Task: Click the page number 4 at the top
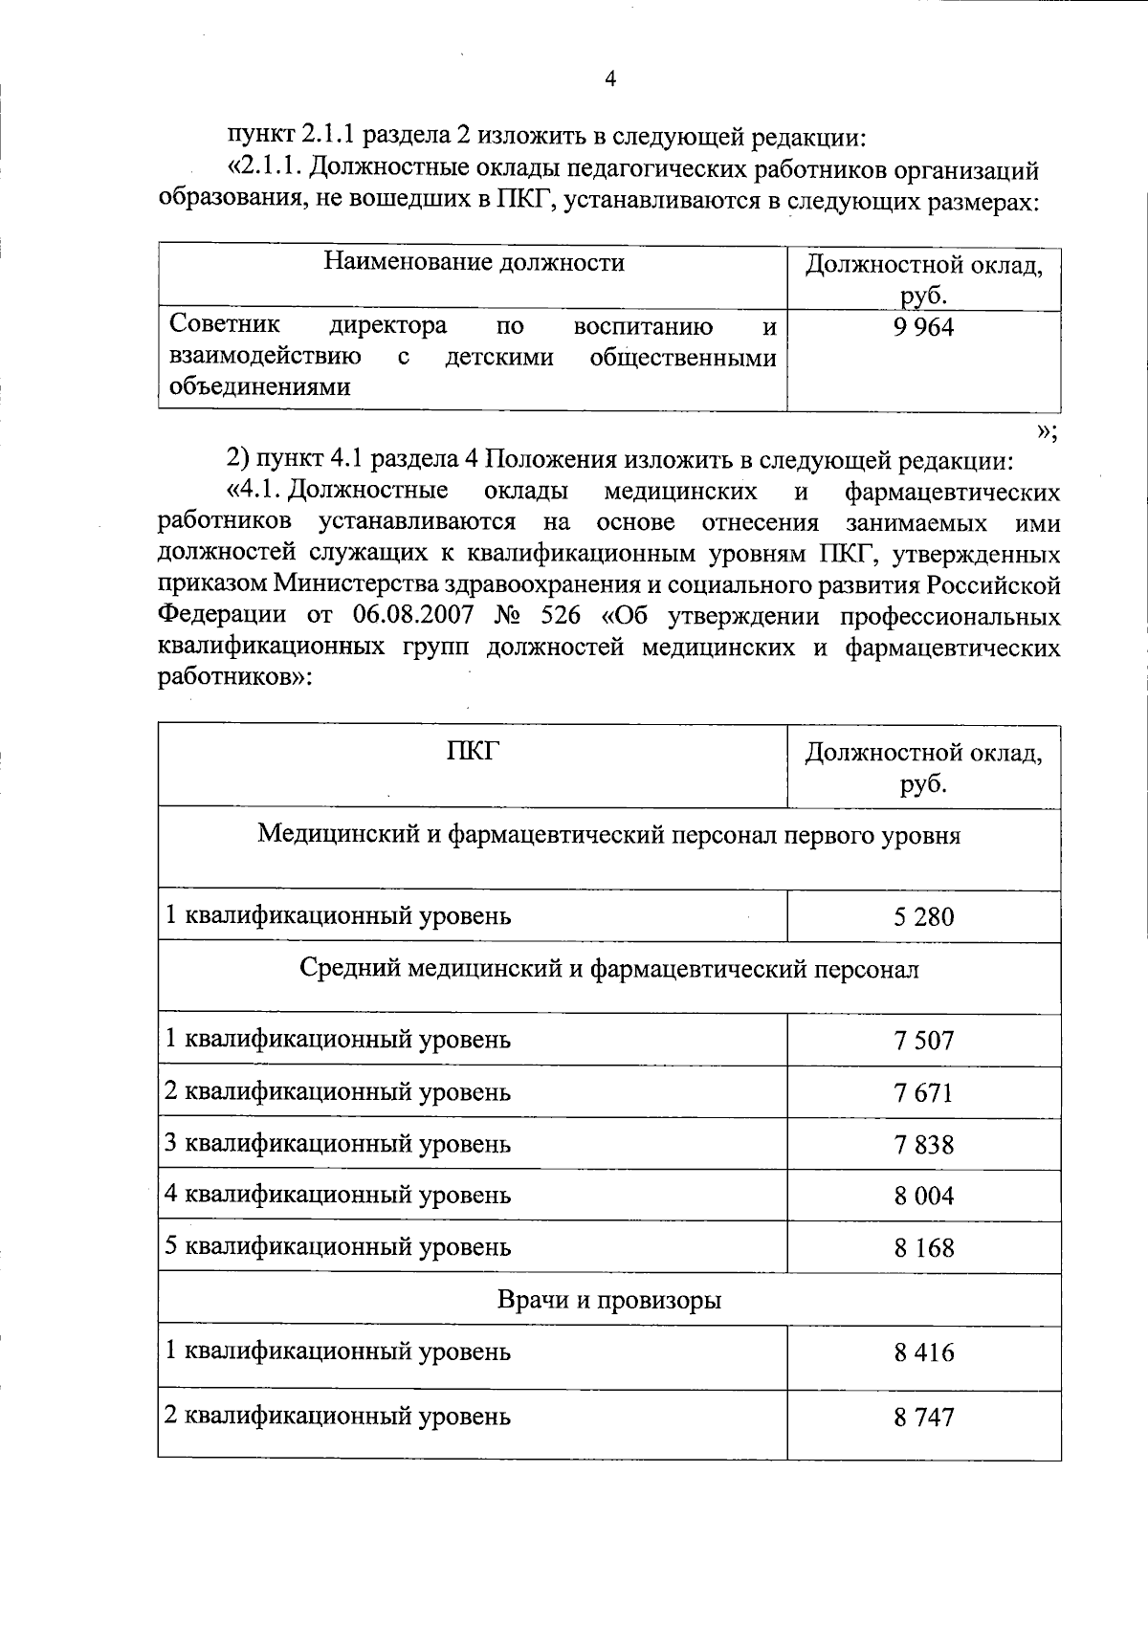(x=610, y=80)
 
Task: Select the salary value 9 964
(x=924, y=328)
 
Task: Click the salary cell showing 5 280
(x=924, y=917)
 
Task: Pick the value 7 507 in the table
(x=924, y=1041)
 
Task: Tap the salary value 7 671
(x=924, y=1092)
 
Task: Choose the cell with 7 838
(x=924, y=1144)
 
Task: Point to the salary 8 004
(x=924, y=1196)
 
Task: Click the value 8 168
(x=924, y=1247)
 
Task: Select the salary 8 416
(x=924, y=1352)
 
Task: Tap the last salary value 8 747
(x=924, y=1417)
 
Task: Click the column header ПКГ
(x=473, y=753)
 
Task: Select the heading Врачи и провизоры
(x=609, y=1301)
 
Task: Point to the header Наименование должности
(x=474, y=262)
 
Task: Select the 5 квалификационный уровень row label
(x=338, y=1247)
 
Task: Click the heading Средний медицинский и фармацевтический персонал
(x=609, y=970)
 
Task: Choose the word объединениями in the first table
(x=259, y=387)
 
